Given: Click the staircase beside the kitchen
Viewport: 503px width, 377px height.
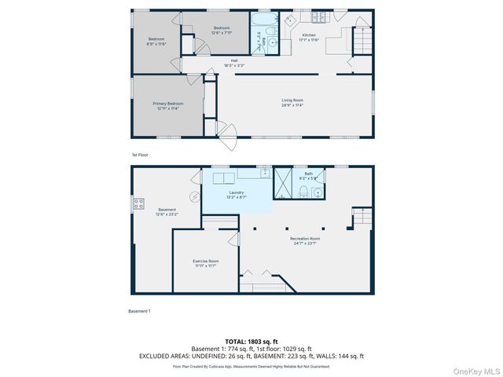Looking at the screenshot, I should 361,39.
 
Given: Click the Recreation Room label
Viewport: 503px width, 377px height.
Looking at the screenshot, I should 304,240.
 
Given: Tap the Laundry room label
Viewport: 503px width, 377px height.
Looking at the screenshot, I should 237,194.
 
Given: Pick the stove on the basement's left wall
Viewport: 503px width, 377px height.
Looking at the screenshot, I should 139,204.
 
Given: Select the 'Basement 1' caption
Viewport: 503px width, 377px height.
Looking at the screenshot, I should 139,311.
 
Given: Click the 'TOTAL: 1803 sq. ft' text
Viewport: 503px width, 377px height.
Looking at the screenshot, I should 251,342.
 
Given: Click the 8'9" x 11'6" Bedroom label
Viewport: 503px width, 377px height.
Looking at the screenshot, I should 157,41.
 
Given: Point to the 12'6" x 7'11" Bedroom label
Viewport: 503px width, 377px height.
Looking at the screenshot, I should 221,30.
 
